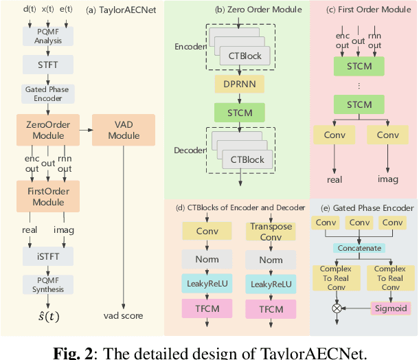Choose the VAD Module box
124,129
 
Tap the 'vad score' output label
124,315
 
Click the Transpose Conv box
270,232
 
